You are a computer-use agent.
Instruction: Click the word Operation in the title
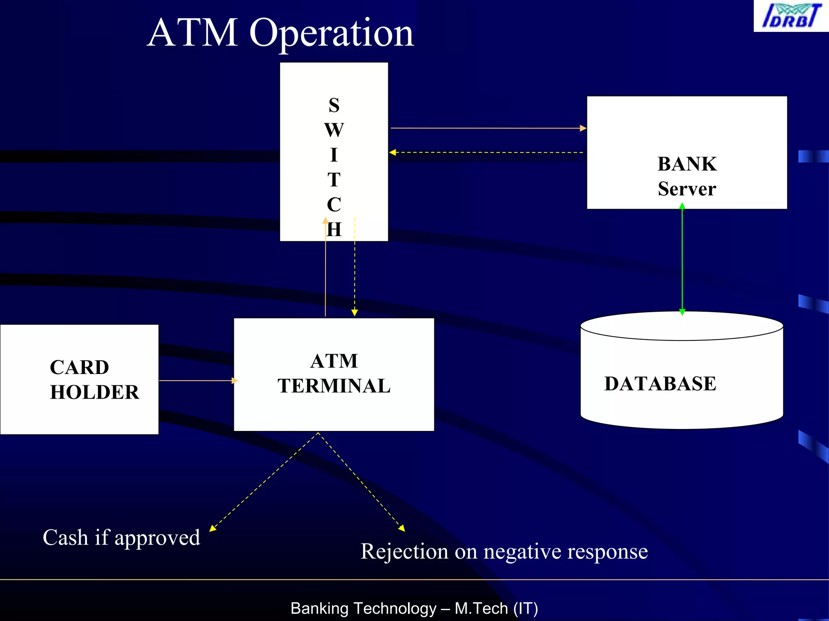tap(332, 33)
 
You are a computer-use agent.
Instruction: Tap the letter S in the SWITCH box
tap(334, 105)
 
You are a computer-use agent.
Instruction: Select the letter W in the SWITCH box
tap(334, 130)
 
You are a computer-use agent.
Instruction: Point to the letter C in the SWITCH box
tap(334, 205)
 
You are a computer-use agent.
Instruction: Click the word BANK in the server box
tap(687, 164)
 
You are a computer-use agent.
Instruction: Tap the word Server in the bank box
tap(687, 189)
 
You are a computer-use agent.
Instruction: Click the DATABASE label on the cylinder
tap(660, 384)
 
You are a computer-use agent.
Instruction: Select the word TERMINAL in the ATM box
tap(334, 386)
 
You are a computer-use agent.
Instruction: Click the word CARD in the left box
tap(79, 368)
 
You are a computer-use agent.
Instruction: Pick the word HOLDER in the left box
tap(94, 392)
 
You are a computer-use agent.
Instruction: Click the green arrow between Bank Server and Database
tap(682, 259)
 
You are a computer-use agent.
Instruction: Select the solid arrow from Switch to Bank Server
tap(486, 128)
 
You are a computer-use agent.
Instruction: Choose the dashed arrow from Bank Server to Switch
tap(486, 152)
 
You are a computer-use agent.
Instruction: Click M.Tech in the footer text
tap(481, 608)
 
